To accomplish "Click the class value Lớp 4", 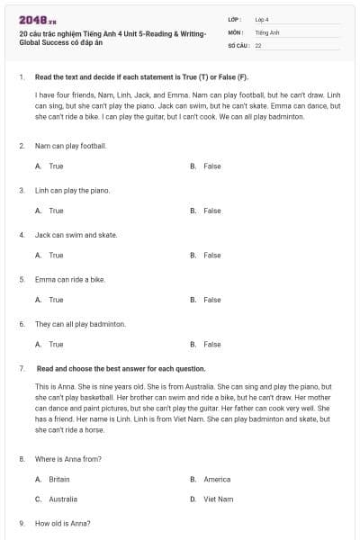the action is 262,19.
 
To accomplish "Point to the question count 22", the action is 258,45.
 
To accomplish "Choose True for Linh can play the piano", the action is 56,211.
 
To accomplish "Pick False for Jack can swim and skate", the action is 211,256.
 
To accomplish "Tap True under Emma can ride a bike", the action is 56,300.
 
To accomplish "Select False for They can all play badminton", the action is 211,344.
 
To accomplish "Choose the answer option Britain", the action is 58,480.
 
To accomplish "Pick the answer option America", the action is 217,480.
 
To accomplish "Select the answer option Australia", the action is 62,499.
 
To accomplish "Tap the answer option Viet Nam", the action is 218,499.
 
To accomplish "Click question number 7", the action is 21,369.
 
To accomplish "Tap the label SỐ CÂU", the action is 238,45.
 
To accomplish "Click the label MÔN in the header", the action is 236,31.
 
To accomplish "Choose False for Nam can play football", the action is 211,166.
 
